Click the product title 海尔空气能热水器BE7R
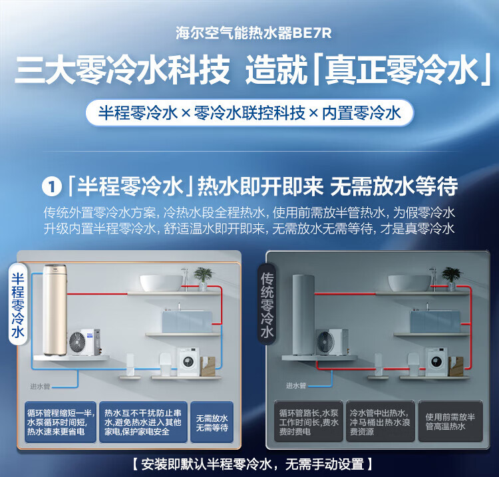tap(253, 33)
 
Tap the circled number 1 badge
tap(51, 187)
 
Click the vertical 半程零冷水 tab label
tap(18, 305)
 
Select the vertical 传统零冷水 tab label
tap(267, 304)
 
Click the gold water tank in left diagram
tap(55, 310)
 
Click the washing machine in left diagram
tap(189, 361)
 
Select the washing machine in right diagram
tap(436, 362)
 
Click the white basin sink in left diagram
tap(162, 283)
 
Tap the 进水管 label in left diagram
tap(40, 387)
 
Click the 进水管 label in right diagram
tap(295, 386)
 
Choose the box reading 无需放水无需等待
tap(212, 422)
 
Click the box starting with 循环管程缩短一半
tap(61, 422)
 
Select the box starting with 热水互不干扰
tap(143, 422)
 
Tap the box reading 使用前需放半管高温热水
tap(450, 421)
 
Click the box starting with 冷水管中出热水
tap(381, 421)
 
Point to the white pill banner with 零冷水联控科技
tap(249, 113)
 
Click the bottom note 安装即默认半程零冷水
tap(252, 464)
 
